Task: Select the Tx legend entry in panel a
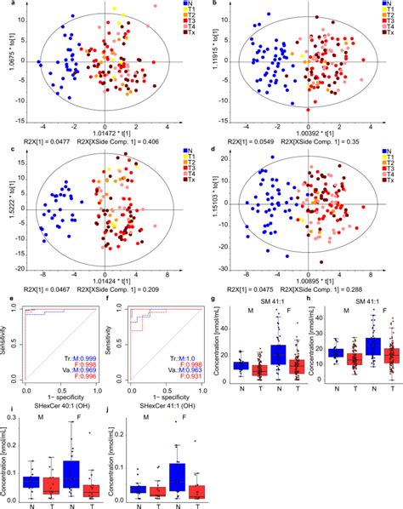click(180, 39)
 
